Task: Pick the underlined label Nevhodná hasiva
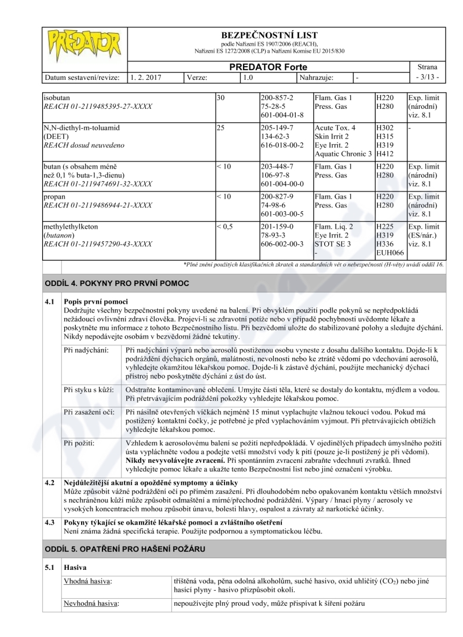[x=92, y=603]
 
